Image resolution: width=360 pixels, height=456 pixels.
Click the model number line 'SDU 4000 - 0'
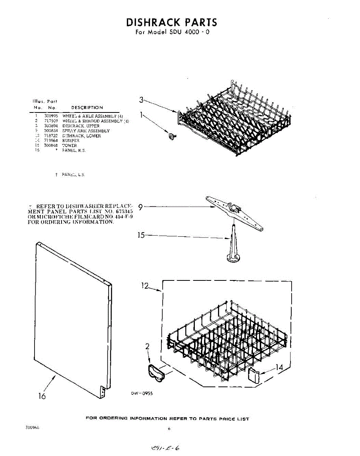(172, 32)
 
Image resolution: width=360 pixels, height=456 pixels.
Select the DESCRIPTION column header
(87, 108)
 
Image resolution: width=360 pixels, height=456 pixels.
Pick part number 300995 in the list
(51, 116)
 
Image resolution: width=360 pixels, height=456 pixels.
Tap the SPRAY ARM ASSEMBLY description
(86, 131)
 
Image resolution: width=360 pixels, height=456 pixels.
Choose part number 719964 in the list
(51, 141)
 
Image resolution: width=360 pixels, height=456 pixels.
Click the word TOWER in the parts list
(69, 146)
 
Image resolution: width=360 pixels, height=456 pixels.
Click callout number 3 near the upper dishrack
(141, 100)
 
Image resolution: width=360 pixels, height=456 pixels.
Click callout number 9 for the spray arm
(141, 207)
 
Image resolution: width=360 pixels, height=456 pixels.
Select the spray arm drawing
(235, 212)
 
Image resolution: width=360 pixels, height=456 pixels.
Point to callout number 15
(141, 235)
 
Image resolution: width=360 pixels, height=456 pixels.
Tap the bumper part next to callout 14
(254, 375)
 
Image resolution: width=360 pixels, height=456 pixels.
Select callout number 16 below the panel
(42, 396)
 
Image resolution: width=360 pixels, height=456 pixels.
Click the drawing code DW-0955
(142, 394)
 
